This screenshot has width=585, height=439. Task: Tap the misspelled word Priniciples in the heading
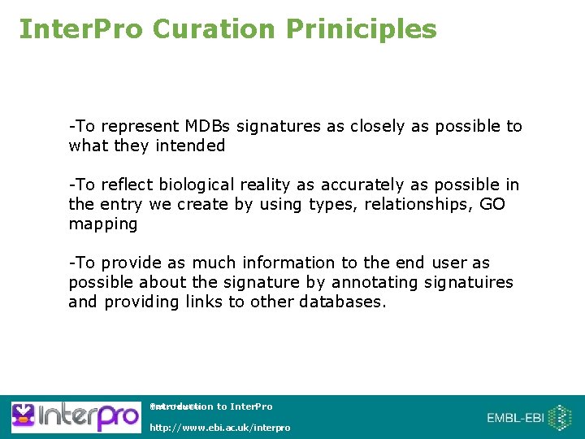pos(361,29)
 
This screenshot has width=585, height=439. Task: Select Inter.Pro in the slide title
pos(79,29)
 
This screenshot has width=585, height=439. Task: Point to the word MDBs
pos(208,126)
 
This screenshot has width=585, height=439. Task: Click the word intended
pos(193,146)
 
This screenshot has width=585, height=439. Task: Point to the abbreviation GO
pos(492,204)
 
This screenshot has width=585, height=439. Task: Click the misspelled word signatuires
pos(469,282)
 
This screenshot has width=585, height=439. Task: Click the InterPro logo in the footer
pos(75,417)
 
